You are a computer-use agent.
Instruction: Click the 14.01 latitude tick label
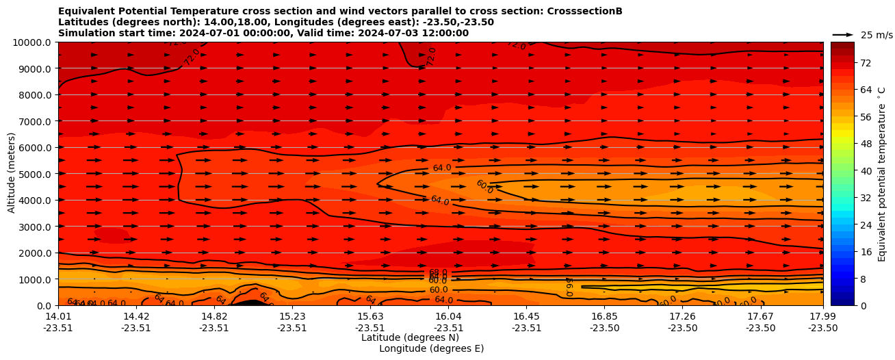coord(58,316)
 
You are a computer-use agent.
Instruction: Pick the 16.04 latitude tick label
coord(448,316)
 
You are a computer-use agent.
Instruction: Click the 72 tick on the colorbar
coord(846,63)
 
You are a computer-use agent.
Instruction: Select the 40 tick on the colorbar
coord(846,170)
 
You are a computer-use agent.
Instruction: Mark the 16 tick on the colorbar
coord(846,252)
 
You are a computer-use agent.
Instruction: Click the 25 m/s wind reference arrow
coord(843,34)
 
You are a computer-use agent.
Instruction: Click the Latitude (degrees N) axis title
coord(410,337)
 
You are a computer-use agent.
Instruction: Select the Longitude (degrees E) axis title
coord(431,348)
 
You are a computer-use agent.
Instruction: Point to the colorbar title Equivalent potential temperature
coord(882,174)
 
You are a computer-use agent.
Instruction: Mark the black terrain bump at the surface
coord(250,303)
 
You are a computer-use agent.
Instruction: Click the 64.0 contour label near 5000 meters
coord(442,168)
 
